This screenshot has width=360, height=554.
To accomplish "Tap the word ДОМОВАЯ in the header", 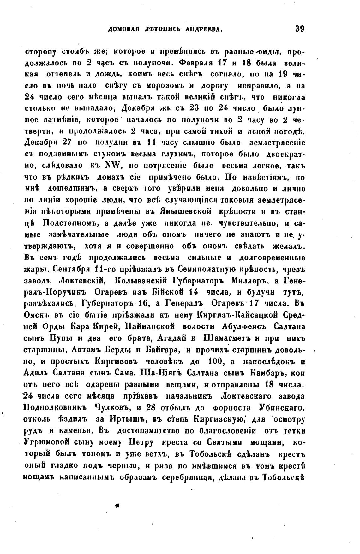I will click(x=124, y=30).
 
